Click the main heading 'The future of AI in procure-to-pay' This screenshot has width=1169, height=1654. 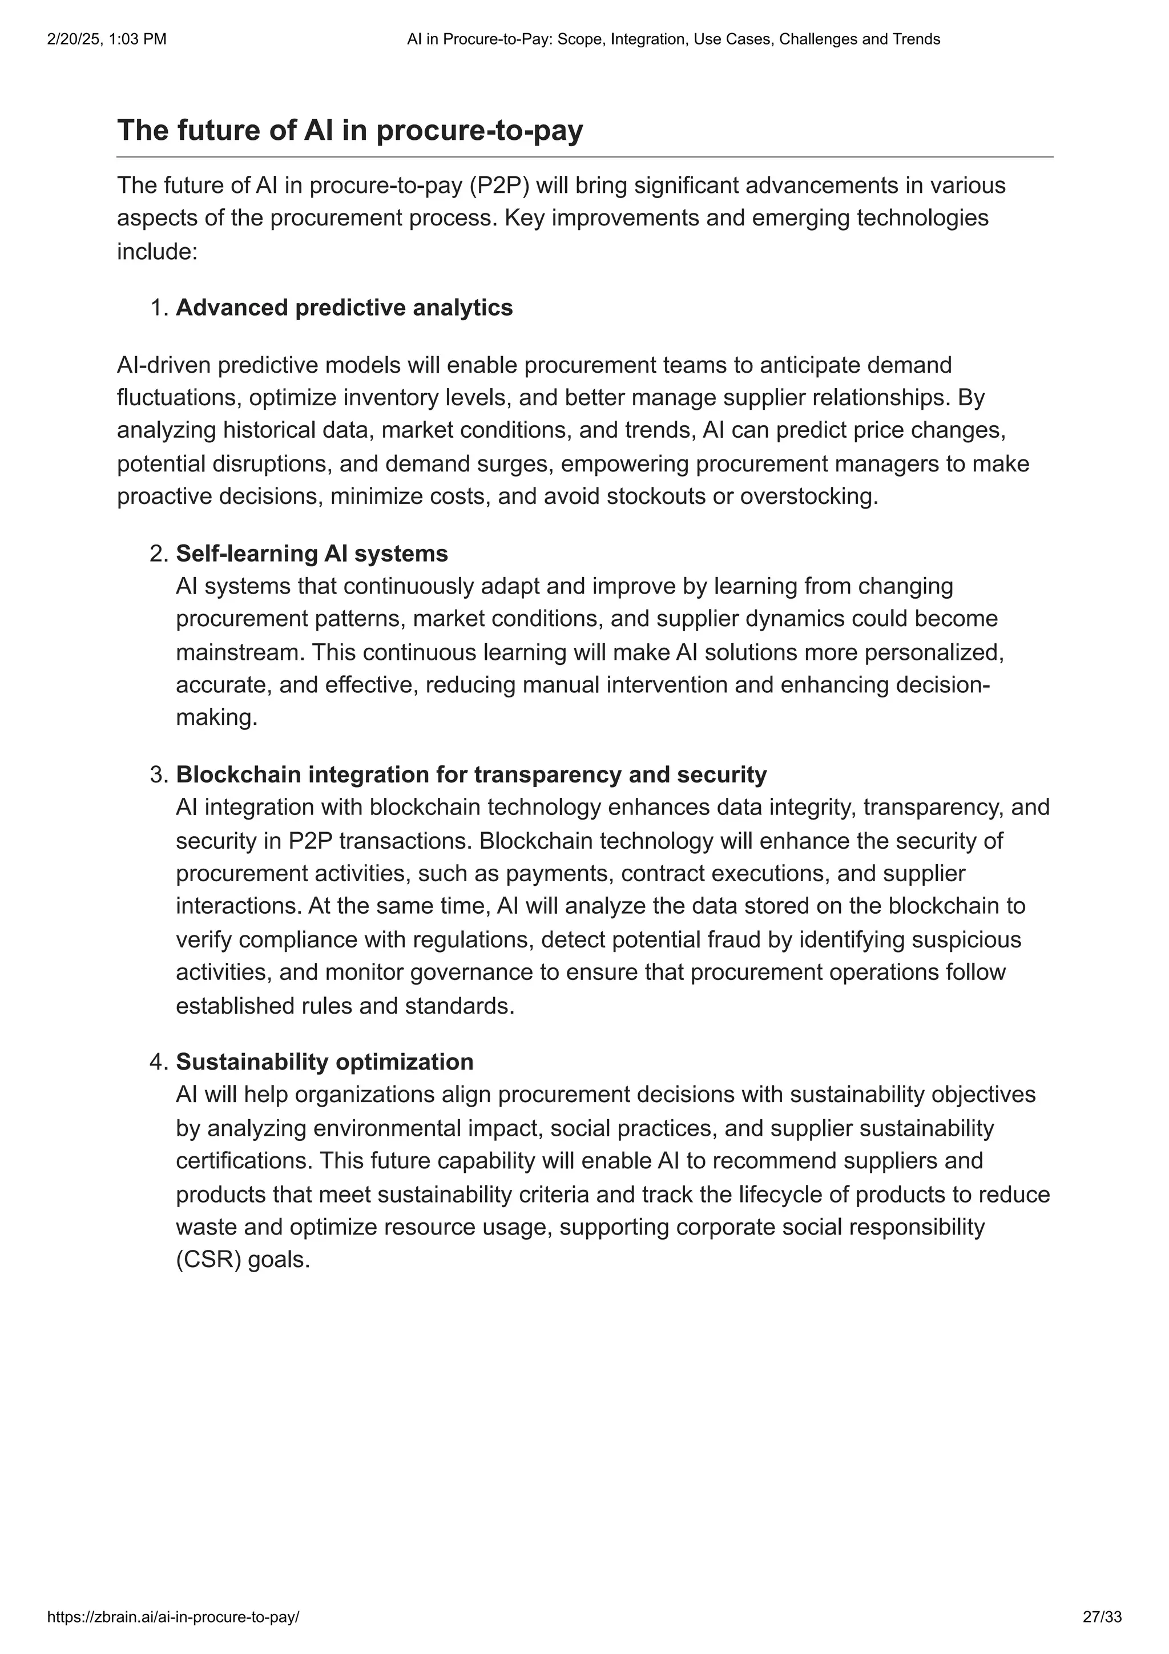[349, 130]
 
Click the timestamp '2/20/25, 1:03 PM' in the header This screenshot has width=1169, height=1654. [107, 39]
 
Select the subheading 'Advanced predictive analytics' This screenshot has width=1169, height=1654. [344, 308]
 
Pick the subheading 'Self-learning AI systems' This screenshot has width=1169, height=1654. [312, 553]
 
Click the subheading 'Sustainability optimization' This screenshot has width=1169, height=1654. [325, 1061]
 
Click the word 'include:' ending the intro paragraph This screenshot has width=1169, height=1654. [157, 252]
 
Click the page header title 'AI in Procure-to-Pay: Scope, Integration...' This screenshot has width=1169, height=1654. [674, 39]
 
